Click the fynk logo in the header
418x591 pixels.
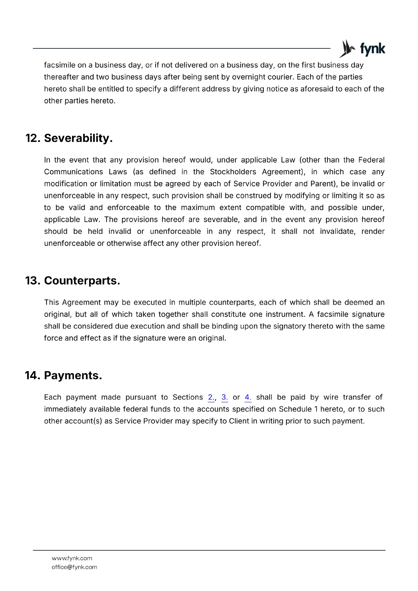pos(362,49)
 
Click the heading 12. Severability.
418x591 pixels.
pos(69,138)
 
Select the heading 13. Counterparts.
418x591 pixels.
pos(72,281)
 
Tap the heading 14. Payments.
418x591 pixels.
pos(63,375)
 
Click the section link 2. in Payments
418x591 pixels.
pos(211,397)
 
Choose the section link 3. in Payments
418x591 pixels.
pos(225,397)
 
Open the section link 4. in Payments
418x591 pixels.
pos(248,397)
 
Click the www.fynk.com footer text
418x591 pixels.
pos(72,558)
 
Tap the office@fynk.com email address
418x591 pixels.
pos(74,567)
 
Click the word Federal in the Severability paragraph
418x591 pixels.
pos(371,160)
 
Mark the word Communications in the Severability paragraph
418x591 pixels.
pos(74,172)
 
